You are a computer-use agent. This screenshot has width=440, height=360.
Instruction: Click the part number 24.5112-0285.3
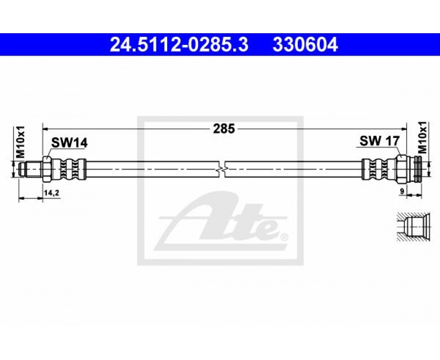coord(180,45)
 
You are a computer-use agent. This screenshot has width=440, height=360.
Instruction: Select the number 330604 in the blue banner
coord(305,45)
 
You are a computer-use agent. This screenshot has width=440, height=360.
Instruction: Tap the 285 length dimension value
coord(224,129)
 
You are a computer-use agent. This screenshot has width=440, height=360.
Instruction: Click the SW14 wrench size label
coord(69,143)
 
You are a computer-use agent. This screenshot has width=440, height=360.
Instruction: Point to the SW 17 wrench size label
coord(379,141)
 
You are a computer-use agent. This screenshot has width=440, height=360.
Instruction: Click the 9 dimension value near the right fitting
coord(402,191)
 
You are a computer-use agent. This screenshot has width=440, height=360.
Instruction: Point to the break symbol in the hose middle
coord(222,169)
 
